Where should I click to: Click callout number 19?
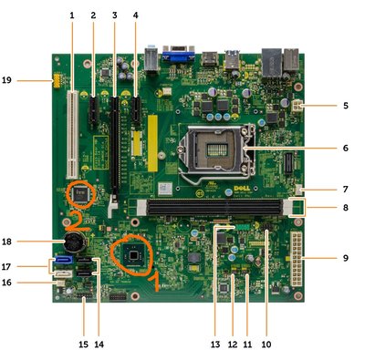[6, 80]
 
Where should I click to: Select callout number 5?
[346, 106]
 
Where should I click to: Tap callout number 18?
[6, 242]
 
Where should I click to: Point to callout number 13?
[215, 345]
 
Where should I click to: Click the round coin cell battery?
[73, 242]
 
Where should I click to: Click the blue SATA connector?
[64, 260]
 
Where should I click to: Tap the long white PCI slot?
[73, 134]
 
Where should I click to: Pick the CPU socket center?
[217, 149]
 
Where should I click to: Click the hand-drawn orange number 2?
[76, 221]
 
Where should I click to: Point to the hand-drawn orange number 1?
[155, 281]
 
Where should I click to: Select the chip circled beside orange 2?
[80, 193]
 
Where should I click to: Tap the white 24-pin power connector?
[297, 259]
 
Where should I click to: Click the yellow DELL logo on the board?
[242, 189]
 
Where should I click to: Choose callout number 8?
[346, 208]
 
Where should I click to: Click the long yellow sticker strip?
[153, 143]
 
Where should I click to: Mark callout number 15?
[83, 345]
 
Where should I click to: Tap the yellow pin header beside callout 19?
[57, 80]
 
